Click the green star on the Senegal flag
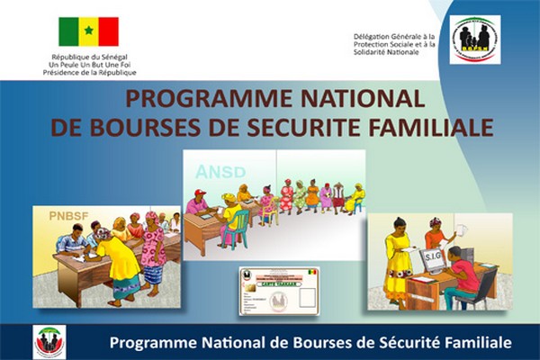pyautogui.click(x=89, y=31)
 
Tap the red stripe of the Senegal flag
pyautogui.click(x=109, y=31)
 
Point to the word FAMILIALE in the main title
pyautogui.click(x=433, y=126)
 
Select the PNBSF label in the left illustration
pyautogui.click(x=59, y=215)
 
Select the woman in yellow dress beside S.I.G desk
pyautogui.click(x=398, y=261)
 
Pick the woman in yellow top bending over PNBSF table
pyautogui.click(x=121, y=261)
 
